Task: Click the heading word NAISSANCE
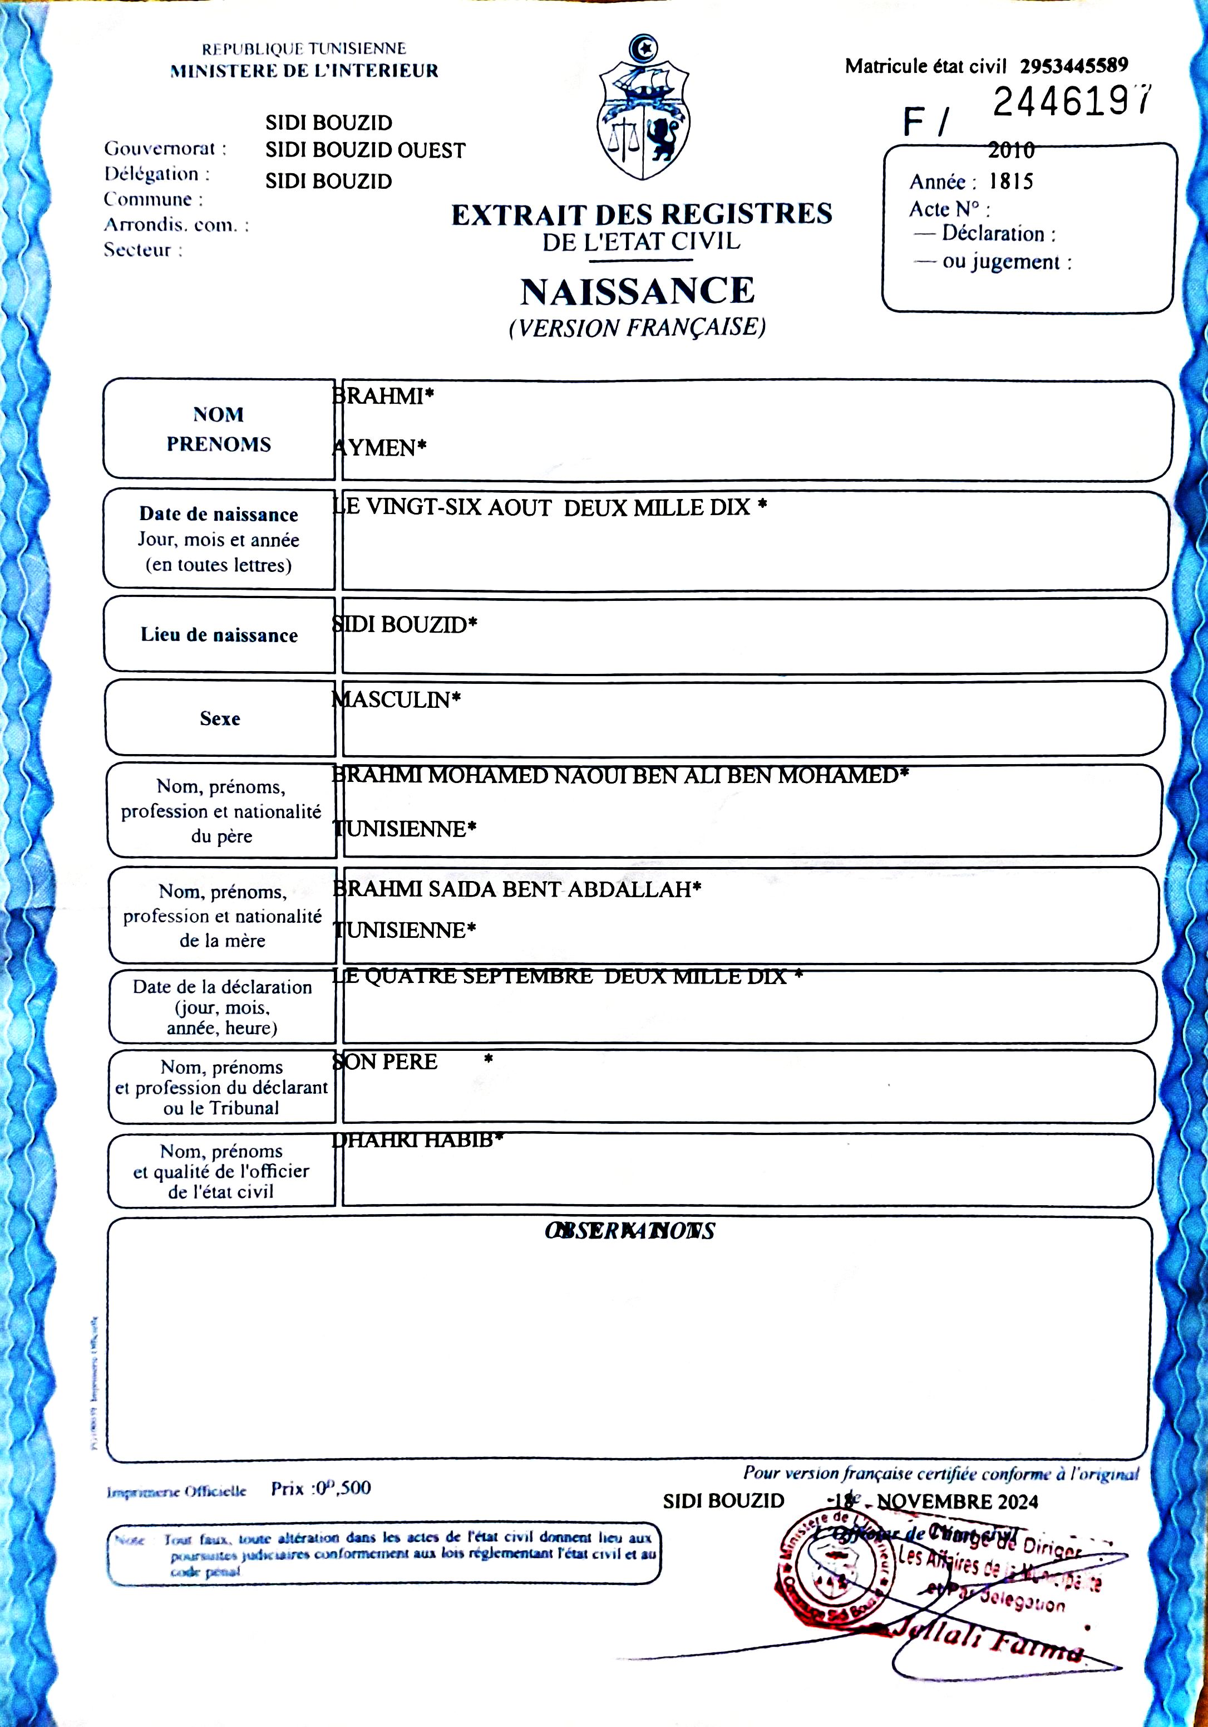pyautogui.click(x=638, y=292)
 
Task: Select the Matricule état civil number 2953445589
pyautogui.click(x=1073, y=66)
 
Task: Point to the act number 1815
pyautogui.click(x=1010, y=181)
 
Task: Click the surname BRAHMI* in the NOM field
pyautogui.click(x=383, y=397)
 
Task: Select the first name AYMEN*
pyautogui.click(x=379, y=448)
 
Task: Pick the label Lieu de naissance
pyautogui.click(x=219, y=635)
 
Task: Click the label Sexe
pyautogui.click(x=219, y=718)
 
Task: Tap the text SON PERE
pyautogui.click(x=385, y=1061)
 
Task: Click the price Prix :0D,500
pyautogui.click(x=321, y=1488)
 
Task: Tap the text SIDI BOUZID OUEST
pyautogui.click(x=366, y=150)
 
